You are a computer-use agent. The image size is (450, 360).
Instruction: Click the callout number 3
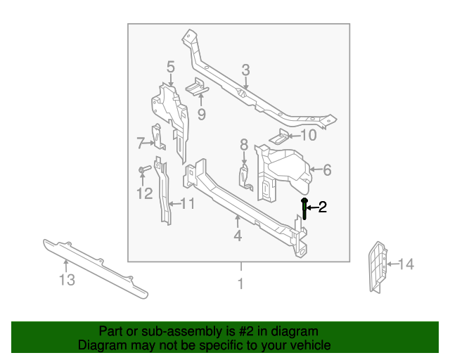pyautogui.click(x=245, y=70)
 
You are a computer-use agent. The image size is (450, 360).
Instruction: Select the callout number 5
pyautogui.click(x=170, y=67)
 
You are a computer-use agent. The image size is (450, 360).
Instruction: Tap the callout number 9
pyautogui.click(x=201, y=114)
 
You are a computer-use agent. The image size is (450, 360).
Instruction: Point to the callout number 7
pyautogui.click(x=141, y=143)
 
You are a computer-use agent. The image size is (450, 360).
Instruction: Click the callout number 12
pyautogui.click(x=144, y=193)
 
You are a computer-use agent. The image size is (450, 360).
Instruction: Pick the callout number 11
pyautogui.click(x=186, y=205)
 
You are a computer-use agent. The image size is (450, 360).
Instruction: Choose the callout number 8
pyautogui.click(x=244, y=145)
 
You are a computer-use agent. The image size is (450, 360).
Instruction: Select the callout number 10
pyautogui.click(x=309, y=136)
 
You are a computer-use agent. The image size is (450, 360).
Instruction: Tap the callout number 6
pyautogui.click(x=327, y=169)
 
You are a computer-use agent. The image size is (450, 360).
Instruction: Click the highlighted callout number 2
pyautogui.click(x=323, y=207)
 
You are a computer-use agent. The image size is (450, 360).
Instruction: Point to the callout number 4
pyautogui.click(x=238, y=236)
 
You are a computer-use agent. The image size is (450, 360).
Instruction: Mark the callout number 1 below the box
pyautogui.click(x=240, y=284)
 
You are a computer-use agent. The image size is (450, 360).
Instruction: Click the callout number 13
pyautogui.click(x=66, y=281)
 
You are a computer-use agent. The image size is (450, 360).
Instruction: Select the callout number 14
pyautogui.click(x=406, y=264)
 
